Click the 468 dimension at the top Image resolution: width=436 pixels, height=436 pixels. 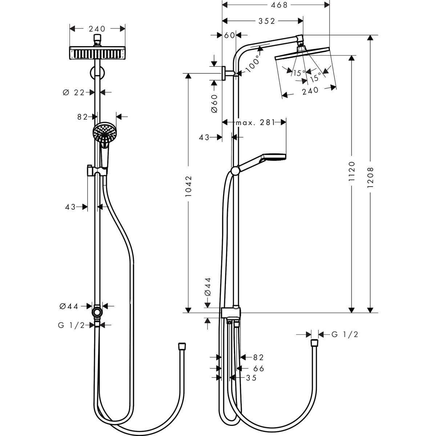(279, 5)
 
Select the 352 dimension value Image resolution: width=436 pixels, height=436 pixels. (267, 21)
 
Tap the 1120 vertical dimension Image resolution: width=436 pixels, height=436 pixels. (351, 175)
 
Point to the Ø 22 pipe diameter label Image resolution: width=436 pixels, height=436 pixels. (73, 93)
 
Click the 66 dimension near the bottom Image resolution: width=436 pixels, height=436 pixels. (259, 368)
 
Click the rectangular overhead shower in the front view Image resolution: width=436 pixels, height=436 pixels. (97, 53)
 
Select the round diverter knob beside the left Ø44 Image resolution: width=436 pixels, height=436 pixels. (97, 312)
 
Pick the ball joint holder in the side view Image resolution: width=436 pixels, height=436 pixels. (235, 170)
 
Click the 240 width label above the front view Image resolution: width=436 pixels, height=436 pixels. (97, 29)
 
